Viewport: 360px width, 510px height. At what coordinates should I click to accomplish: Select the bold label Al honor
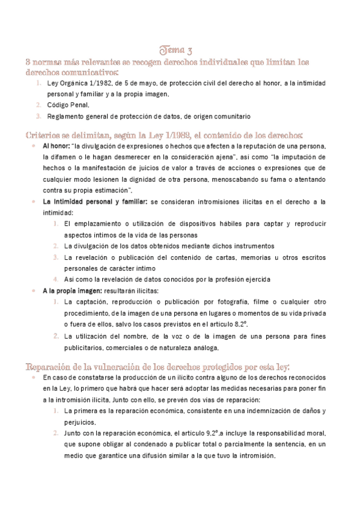55,146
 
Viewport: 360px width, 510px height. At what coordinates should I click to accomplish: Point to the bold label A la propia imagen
66,290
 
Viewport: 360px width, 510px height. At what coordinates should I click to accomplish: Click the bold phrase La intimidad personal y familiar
95,201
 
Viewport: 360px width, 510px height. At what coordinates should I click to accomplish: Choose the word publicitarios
84,347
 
